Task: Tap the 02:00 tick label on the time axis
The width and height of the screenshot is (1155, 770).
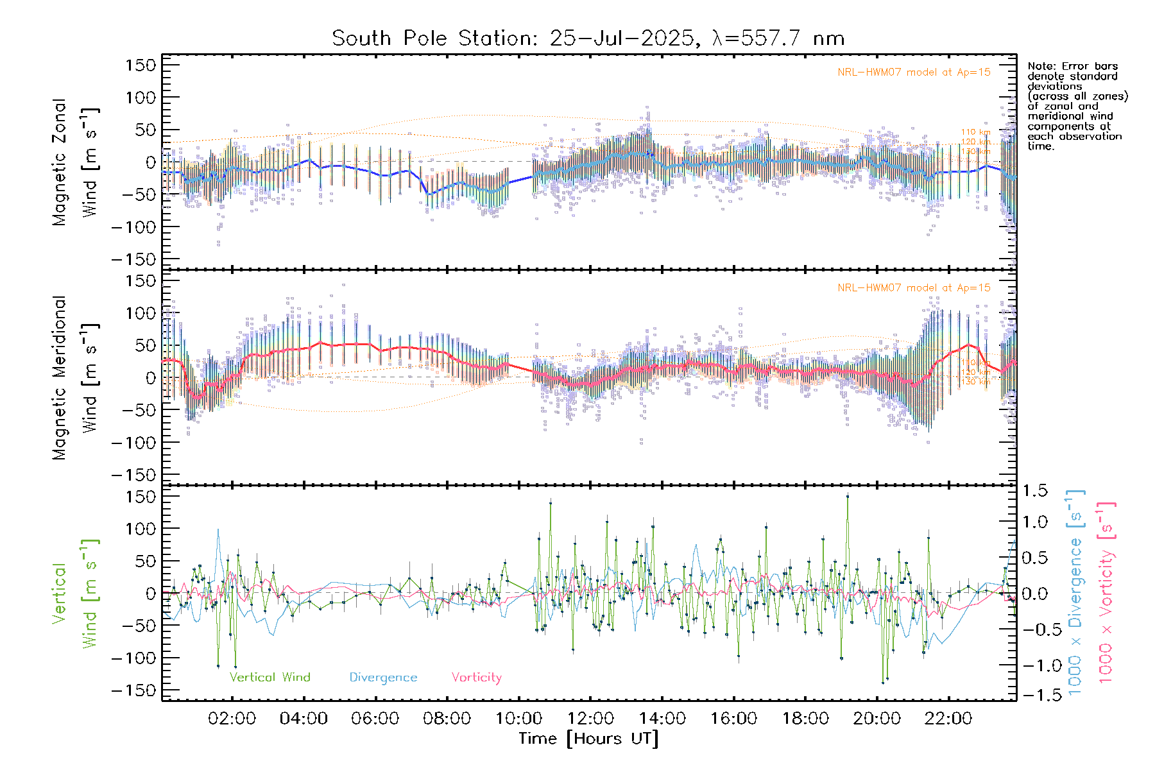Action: [x=232, y=719]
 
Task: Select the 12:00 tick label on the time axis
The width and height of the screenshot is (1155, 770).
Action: [x=590, y=719]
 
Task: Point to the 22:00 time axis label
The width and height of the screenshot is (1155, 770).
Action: [x=948, y=719]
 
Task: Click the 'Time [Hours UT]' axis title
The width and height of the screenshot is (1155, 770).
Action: [x=588, y=739]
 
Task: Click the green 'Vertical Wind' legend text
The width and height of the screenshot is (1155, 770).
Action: [x=269, y=677]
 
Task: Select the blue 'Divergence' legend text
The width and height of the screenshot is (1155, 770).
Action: [x=383, y=677]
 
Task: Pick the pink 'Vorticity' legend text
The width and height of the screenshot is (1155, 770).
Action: [x=476, y=677]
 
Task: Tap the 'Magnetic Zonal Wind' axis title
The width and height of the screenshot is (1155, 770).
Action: [x=74, y=162]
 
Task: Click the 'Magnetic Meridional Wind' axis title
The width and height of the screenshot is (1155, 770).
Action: [x=74, y=377]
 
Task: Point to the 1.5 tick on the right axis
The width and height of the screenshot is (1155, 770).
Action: [x=1034, y=491]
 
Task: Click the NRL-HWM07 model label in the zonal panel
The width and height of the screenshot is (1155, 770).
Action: [x=914, y=73]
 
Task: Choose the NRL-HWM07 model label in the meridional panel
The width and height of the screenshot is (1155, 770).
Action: [x=914, y=288]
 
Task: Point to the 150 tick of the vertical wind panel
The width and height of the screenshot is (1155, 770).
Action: [x=141, y=497]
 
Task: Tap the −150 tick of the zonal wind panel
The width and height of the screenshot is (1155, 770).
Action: [x=133, y=259]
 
